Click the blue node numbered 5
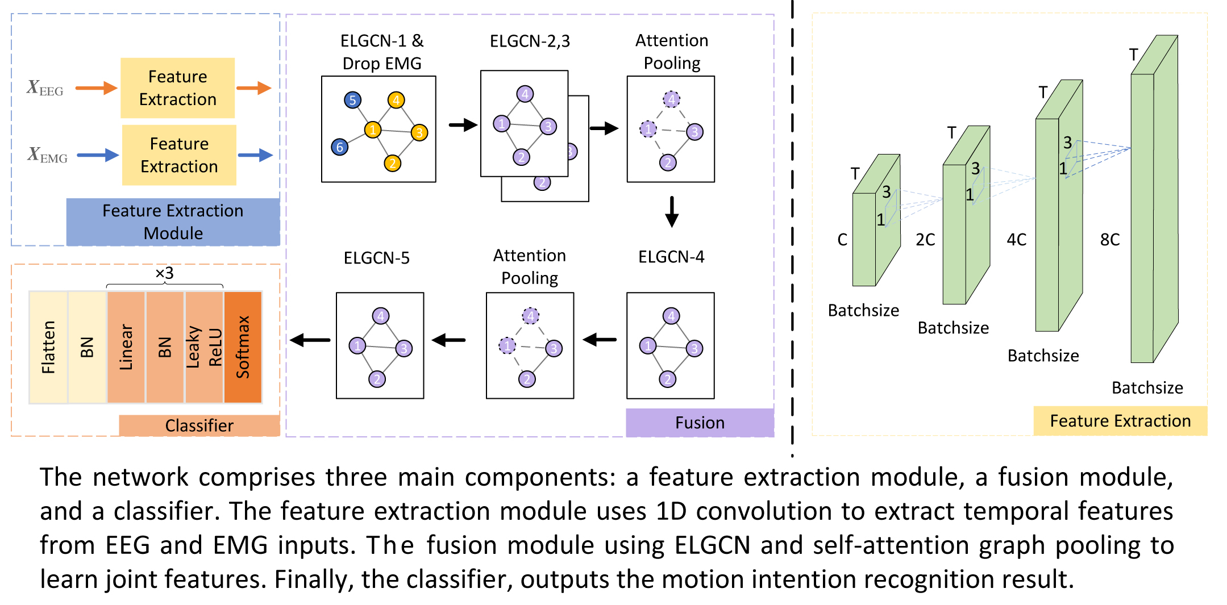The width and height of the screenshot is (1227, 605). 352,101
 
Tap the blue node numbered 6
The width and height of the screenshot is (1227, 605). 339,148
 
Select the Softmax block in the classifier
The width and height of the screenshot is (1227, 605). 243,347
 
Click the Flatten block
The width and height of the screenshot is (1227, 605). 48,347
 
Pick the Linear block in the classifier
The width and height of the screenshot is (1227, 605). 126,347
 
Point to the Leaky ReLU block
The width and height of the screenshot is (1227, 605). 204,347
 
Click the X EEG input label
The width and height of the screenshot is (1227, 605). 45,88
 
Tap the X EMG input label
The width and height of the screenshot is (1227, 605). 47,155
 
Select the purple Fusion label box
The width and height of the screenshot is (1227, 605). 700,423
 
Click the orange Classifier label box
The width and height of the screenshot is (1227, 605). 199,425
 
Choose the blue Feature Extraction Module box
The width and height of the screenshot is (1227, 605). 173,222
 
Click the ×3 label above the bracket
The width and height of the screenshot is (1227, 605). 164,273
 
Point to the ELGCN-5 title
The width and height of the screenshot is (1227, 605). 376,258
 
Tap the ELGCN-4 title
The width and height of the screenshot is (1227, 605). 671,257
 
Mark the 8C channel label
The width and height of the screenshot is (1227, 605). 1109,240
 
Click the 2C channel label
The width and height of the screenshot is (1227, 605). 925,240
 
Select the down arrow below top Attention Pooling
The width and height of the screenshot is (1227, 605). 672,212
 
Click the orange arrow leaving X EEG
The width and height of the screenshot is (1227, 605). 96,88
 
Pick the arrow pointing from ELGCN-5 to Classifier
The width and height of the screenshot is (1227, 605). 310,340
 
